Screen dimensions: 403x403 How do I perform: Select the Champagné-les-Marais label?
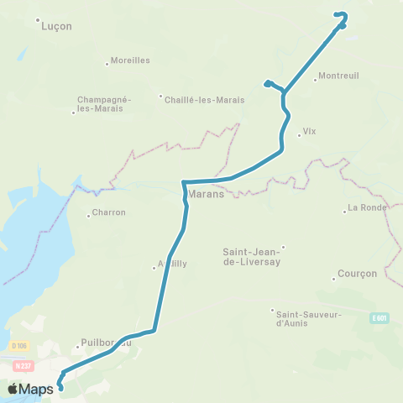[104, 103]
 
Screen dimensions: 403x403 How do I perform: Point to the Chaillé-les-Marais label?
[206, 99]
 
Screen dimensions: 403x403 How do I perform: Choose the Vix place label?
[311, 132]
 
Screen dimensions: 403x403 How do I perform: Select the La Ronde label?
[366, 207]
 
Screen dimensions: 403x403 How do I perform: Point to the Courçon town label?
[357, 274]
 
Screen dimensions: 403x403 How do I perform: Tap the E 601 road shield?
[380, 318]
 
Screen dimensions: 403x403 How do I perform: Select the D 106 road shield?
[20, 346]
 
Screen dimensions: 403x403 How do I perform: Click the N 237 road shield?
[22, 365]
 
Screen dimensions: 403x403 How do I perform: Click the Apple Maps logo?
[29, 389]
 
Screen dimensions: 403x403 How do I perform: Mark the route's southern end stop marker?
[60, 388]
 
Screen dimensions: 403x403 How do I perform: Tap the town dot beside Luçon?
[39, 20]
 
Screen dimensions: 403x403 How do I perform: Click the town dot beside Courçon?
[334, 279]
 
